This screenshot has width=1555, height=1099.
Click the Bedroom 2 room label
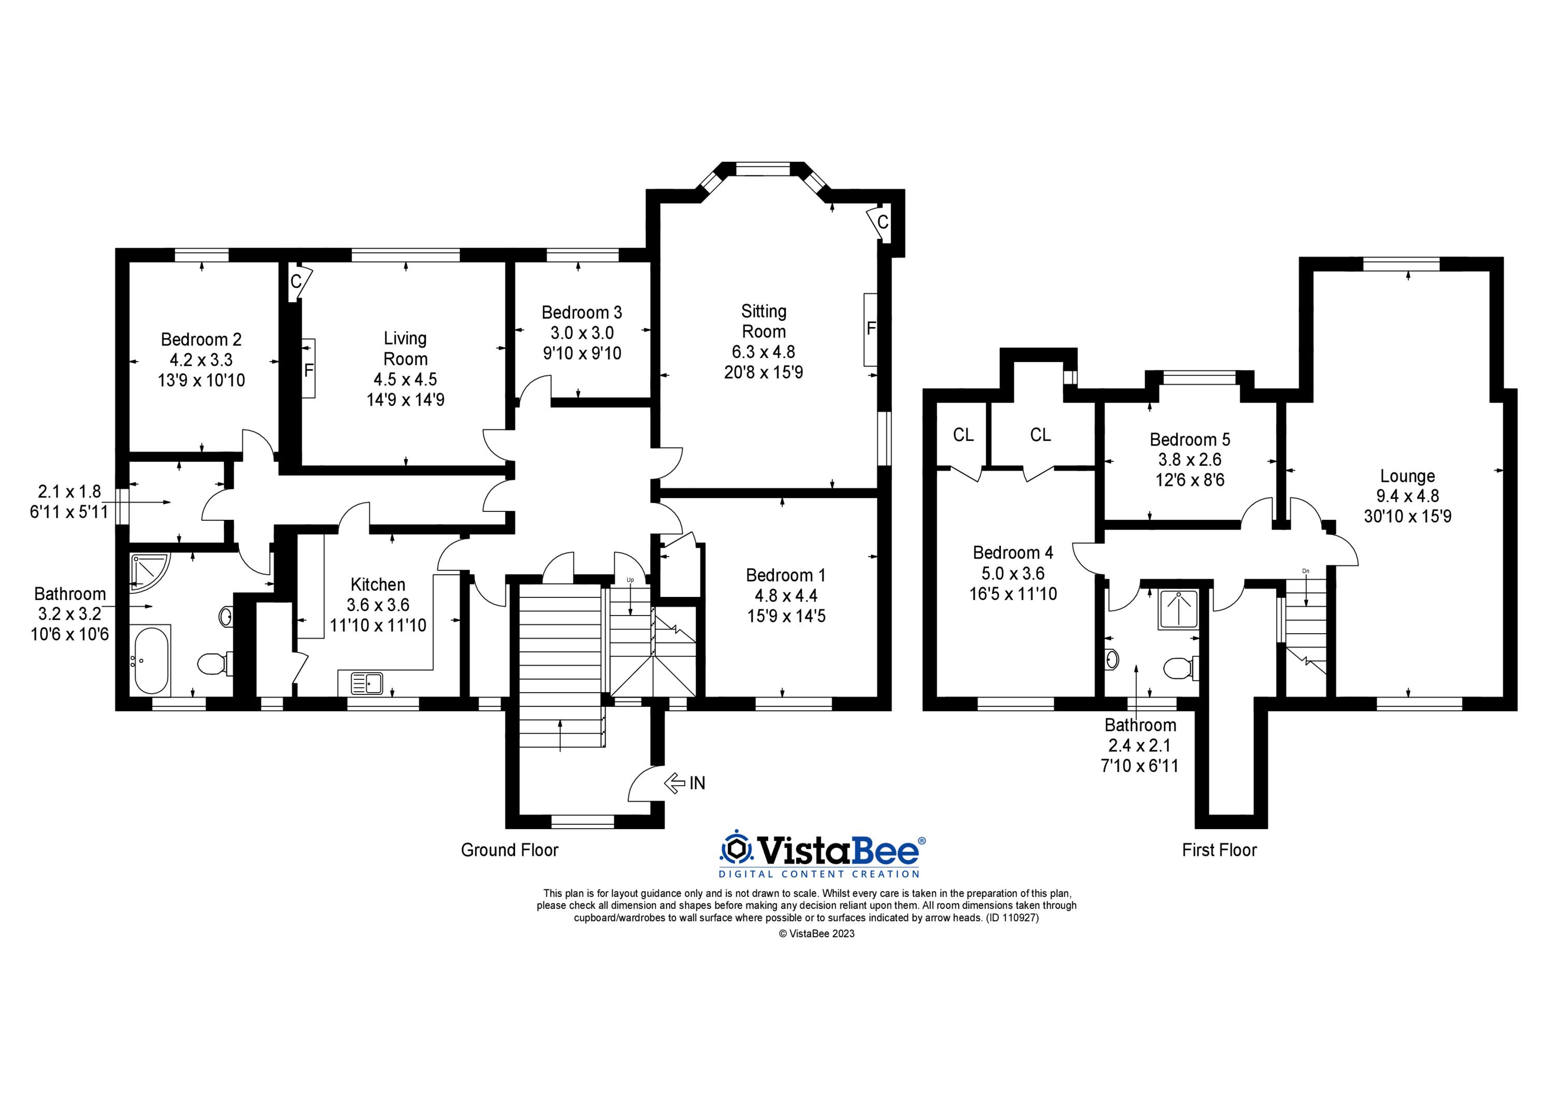click(201, 339)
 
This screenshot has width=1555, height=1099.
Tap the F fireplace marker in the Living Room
click(309, 370)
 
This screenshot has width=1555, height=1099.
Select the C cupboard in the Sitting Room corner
click(882, 221)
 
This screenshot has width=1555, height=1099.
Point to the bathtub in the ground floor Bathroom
click(150, 660)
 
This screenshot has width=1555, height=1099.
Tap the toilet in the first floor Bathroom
click(1180, 669)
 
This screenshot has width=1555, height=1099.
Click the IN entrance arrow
click(675, 783)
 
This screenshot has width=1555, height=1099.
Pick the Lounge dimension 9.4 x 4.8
click(1407, 496)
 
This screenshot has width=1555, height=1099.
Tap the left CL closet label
click(963, 435)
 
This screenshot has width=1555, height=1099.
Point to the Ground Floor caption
click(510, 850)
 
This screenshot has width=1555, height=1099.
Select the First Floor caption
click(1219, 850)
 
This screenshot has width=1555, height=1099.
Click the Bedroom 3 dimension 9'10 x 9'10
click(582, 353)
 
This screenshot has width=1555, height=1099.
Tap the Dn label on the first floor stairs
click(1305, 571)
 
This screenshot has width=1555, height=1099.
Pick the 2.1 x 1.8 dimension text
click(69, 491)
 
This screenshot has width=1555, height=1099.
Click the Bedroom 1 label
click(786, 576)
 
